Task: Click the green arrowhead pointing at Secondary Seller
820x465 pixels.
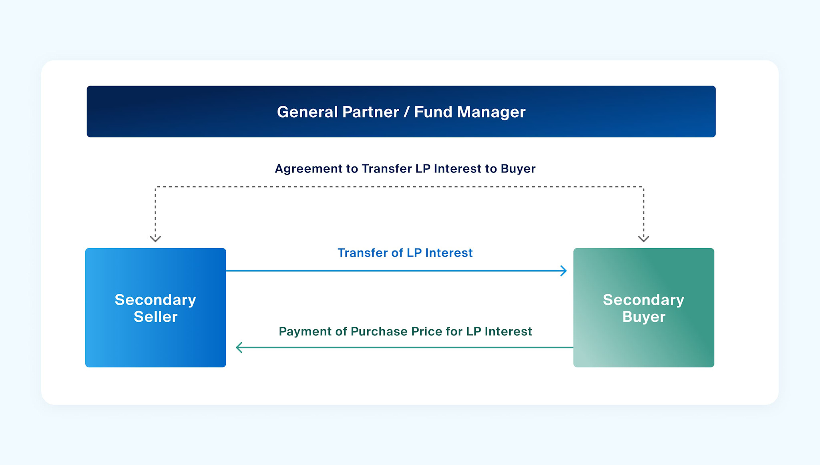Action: click(239, 347)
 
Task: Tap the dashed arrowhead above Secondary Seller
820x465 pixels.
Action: click(155, 239)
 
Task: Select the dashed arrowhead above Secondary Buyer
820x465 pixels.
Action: click(643, 239)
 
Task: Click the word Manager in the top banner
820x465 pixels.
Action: click(491, 112)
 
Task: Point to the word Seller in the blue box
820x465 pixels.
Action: click(155, 317)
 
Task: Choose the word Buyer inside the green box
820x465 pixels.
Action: click(643, 317)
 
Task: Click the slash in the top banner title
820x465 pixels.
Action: click(406, 112)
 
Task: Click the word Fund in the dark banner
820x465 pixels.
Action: click(433, 112)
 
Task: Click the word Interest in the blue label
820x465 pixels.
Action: click(448, 253)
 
